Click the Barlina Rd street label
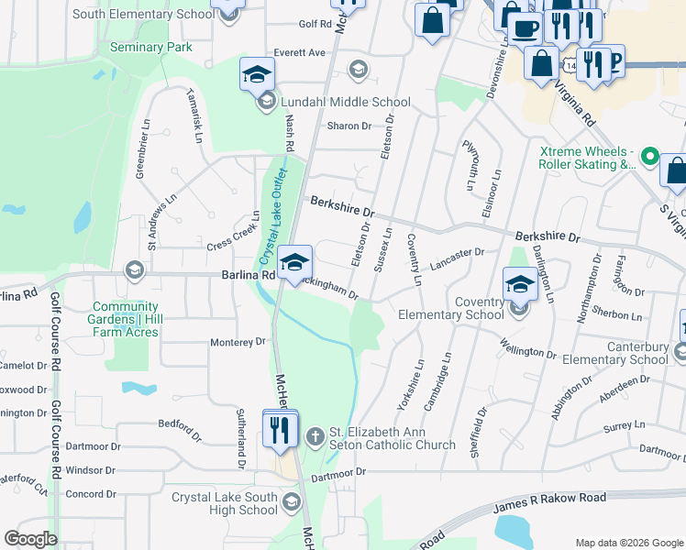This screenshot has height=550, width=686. point(248,274)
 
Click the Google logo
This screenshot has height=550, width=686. point(30,539)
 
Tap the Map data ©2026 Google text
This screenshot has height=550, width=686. point(628,542)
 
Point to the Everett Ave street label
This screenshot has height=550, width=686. point(299,53)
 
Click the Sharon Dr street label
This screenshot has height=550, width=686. point(349,126)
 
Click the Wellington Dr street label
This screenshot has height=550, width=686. point(528,349)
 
